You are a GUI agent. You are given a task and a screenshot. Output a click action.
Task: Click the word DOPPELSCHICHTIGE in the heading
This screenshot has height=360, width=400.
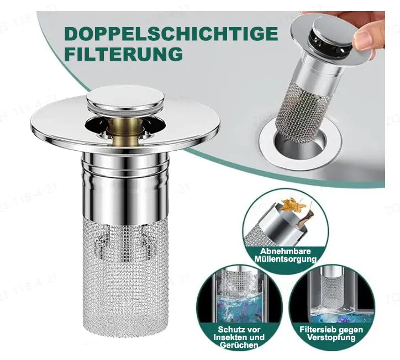coord(171,34)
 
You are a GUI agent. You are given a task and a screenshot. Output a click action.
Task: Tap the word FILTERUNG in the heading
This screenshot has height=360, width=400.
coord(124,54)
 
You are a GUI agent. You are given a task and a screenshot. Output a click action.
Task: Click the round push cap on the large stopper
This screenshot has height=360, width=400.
coord(125,99)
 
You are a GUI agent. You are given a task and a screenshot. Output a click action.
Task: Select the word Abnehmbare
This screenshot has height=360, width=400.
coord(286,251)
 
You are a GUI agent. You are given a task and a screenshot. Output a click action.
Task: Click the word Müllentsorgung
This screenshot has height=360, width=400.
coord(286,260)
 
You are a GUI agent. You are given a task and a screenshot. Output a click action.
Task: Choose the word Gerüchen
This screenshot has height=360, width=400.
coord(239,345)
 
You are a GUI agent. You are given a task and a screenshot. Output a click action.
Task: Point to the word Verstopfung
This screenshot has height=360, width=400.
coord(331,337)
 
